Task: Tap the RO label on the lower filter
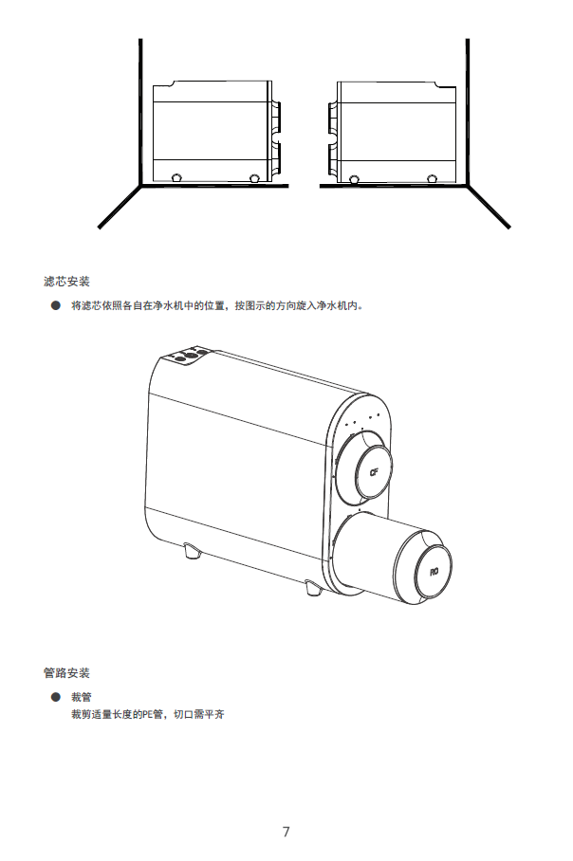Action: tap(434, 572)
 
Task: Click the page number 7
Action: tap(286, 832)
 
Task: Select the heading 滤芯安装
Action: tap(66, 282)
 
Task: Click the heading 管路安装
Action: tap(66, 672)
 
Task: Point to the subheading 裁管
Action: tap(81, 697)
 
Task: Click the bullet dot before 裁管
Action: tap(55, 697)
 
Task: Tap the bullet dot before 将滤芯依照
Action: tap(55, 306)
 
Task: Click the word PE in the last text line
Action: tap(146, 714)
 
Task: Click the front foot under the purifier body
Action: tap(192, 549)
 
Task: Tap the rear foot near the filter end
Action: tap(312, 588)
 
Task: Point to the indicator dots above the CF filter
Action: tap(363, 420)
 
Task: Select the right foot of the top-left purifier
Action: tap(253, 178)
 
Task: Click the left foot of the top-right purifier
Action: tap(354, 178)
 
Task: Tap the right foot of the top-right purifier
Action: tap(433, 178)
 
